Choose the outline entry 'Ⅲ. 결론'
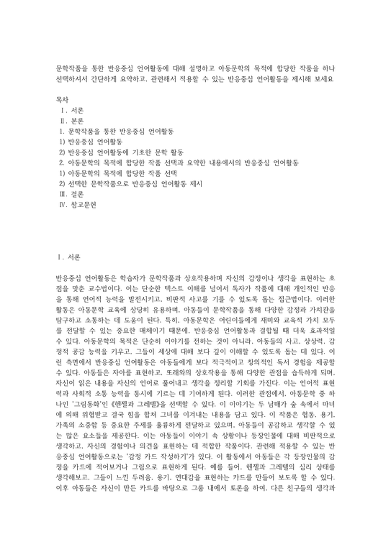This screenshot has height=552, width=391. (x=73, y=194)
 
